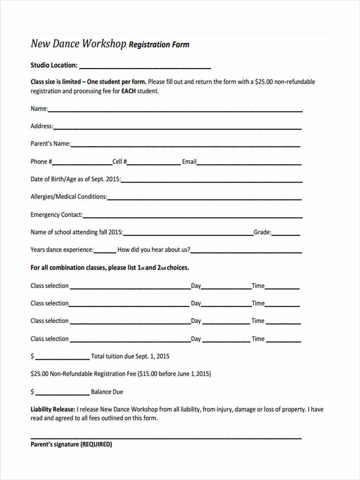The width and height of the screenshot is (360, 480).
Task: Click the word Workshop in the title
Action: [x=104, y=44]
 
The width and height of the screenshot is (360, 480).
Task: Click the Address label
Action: [x=42, y=126]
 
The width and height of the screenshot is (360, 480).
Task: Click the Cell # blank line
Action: [x=154, y=164]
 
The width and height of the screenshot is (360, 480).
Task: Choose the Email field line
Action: [x=249, y=164]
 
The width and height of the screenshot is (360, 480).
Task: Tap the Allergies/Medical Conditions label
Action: [x=69, y=197]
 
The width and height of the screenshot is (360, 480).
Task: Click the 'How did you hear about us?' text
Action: [x=154, y=250]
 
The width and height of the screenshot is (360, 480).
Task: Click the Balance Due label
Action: [x=107, y=392]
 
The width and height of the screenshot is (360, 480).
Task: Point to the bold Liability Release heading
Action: [x=53, y=410]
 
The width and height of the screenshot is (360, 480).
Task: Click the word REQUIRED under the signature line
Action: [x=96, y=444]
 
